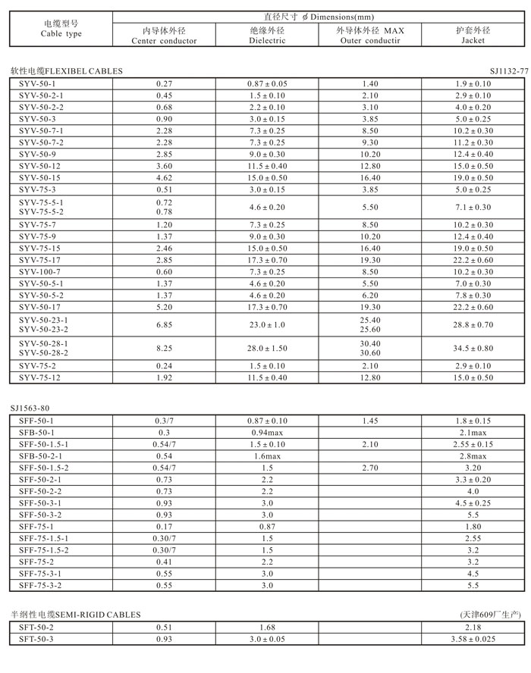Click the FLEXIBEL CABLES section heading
67,70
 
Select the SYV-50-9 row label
37,154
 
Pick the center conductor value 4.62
164,177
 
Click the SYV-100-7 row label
39,271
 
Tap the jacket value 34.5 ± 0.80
473,348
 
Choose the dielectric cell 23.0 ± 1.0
267,324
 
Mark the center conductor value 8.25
164,348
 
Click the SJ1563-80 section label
30,407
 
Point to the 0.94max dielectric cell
267,431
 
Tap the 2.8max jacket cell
473,455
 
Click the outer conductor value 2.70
370,468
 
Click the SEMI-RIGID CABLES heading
76,614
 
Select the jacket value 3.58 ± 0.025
473,639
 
